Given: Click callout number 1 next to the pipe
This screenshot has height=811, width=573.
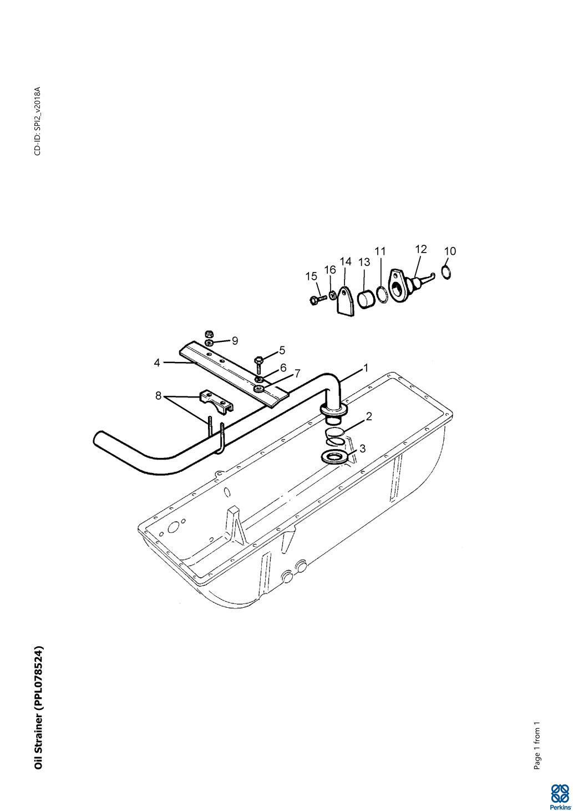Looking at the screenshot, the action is [366, 368].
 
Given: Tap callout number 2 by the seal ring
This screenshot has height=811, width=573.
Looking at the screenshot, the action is [369, 416].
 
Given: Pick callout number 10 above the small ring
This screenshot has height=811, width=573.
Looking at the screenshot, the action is [450, 251].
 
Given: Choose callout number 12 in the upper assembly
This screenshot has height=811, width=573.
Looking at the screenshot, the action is [421, 249].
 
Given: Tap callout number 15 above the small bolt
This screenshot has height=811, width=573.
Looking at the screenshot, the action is [311, 276].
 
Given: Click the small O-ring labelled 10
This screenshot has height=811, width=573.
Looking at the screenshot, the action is [447, 272].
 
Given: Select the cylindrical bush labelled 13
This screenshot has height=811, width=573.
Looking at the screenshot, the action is [366, 299].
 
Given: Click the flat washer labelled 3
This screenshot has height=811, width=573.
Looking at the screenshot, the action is [335, 456].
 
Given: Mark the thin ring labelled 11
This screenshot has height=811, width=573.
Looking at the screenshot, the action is [382, 294].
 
